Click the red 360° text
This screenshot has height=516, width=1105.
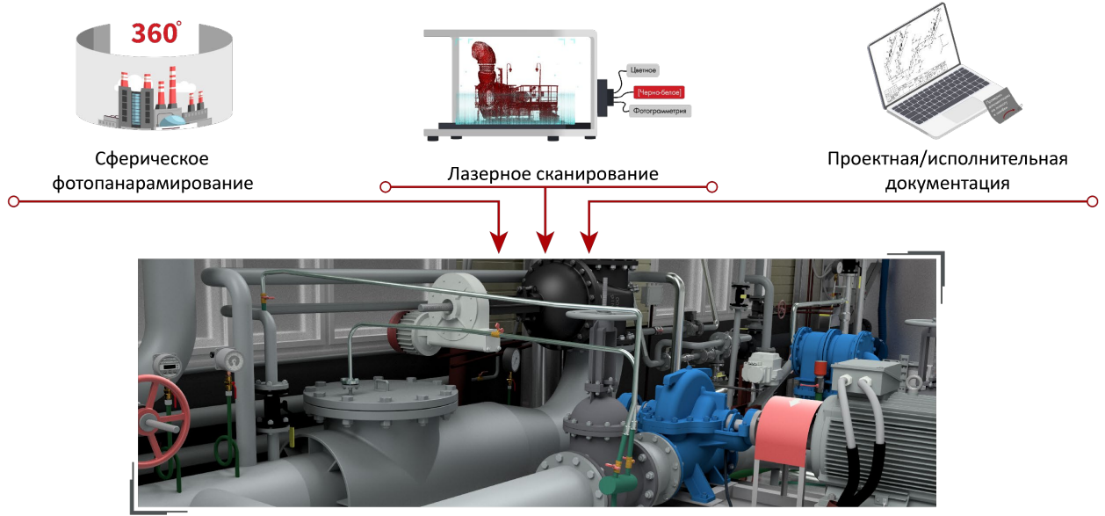pos(156,33)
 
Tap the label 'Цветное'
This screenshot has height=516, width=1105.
pos(645,69)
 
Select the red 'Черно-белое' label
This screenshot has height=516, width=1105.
pos(658,91)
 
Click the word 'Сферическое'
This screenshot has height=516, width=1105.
pos(152,160)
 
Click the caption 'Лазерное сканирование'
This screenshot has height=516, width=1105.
pos(552,174)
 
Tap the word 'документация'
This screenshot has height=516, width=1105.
pos(947,185)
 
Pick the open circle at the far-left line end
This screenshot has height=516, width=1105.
pos(13,201)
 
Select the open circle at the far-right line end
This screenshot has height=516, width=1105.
pos(1092,201)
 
